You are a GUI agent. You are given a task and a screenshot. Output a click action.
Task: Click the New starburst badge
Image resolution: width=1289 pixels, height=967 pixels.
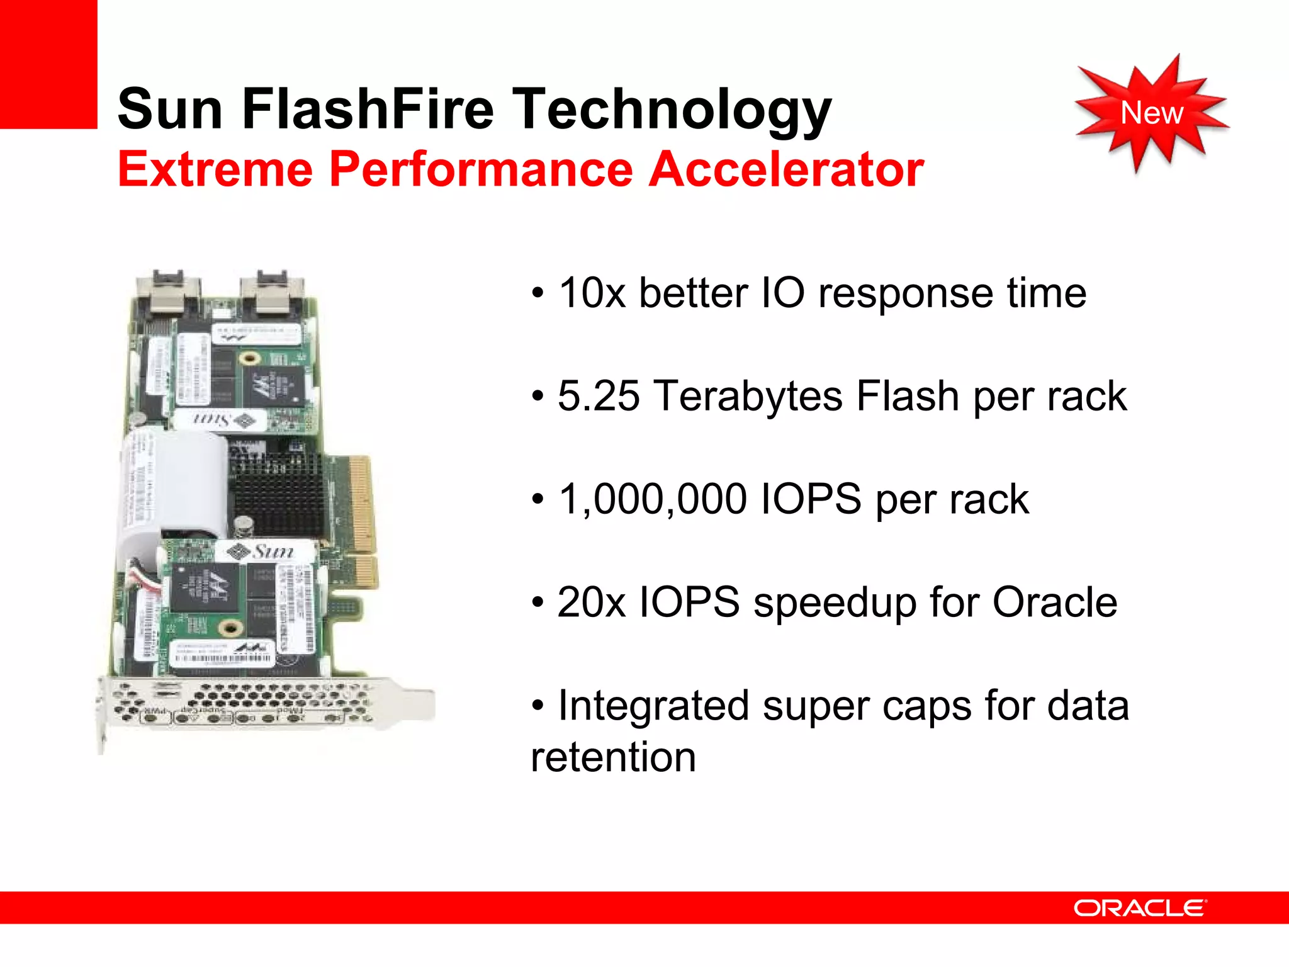click(1151, 113)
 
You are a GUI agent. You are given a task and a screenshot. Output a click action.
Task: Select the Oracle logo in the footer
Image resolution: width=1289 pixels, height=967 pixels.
click(1140, 908)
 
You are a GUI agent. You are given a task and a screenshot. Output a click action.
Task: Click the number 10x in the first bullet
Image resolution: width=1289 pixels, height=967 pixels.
click(592, 293)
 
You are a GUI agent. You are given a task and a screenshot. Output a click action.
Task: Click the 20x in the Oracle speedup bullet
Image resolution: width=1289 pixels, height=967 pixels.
click(591, 602)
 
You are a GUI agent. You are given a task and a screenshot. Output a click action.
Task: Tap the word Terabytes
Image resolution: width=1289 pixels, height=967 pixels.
click(748, 397)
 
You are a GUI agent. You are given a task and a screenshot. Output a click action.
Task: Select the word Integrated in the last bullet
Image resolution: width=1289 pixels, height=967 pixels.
click(653, 706)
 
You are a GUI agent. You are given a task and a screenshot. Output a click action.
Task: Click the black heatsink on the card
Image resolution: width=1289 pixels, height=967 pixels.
click(277, 494)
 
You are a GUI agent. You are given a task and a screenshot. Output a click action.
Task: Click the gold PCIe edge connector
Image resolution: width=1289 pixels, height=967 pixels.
click(361, 504)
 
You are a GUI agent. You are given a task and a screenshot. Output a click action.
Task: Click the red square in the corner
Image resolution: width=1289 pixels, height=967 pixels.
click(48, 64)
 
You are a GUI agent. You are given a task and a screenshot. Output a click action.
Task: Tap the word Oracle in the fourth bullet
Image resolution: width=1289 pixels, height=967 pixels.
click(1054, 602)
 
